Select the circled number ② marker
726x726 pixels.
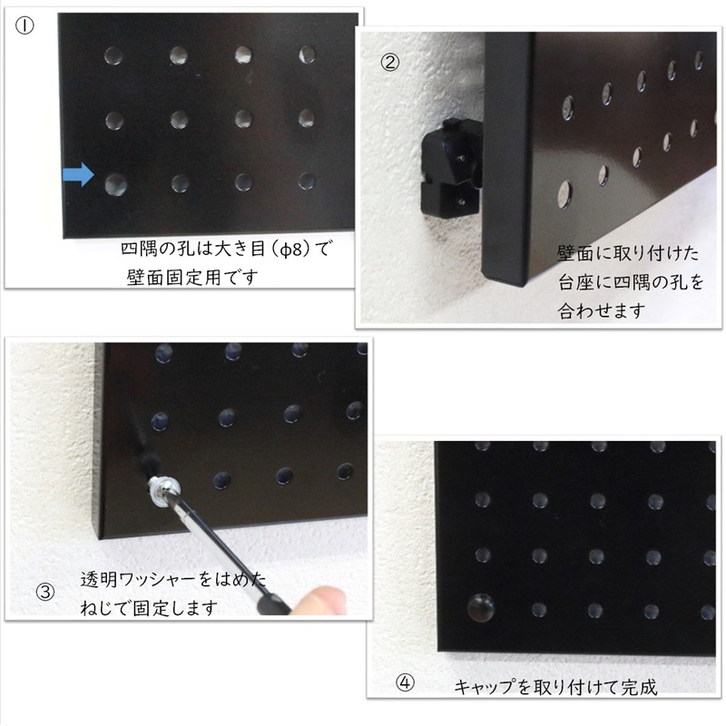pyautogui.click(x=389, y=62)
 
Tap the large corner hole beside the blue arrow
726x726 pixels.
pyautogui.click(x=114, y=184)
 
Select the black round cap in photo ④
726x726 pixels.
pyautogui.click(x=481, y=607)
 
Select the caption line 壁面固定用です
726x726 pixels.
pyautogui.click(x=192, y=276)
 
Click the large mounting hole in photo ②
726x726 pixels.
pyautogui.click(x=564, y=191)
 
